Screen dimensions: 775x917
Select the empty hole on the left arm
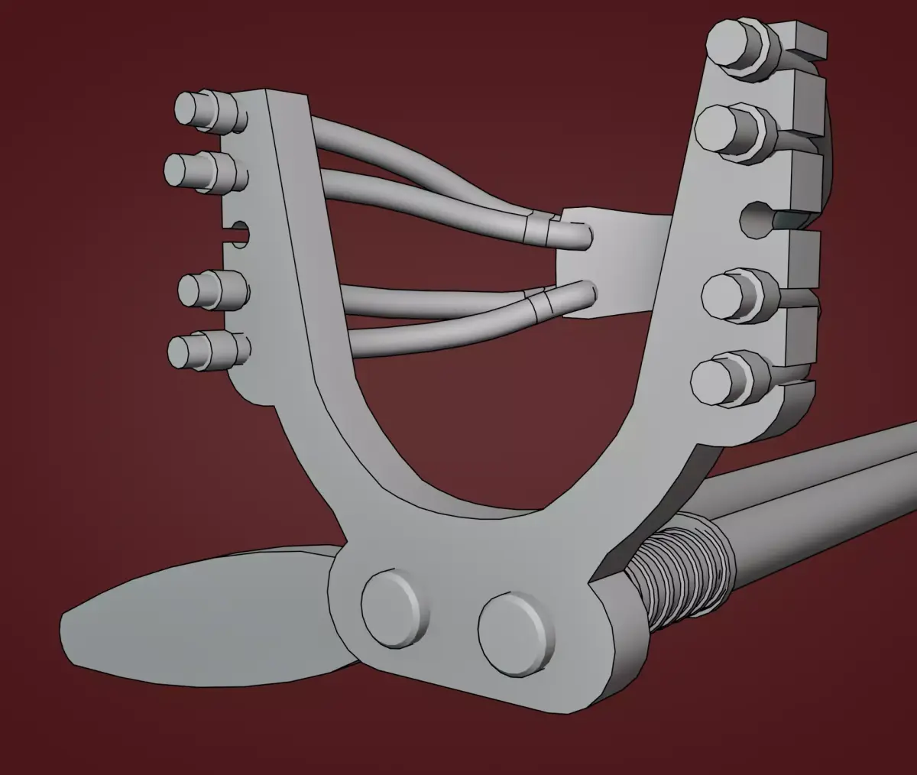point(239,232)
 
